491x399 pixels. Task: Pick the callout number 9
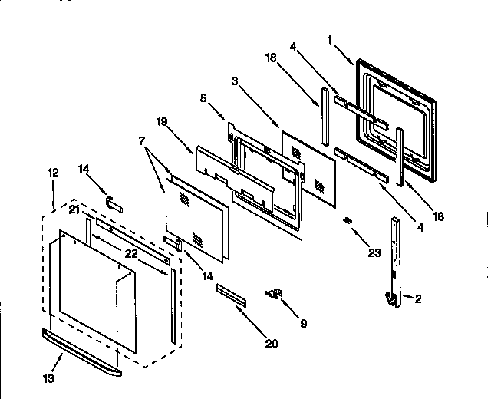(x=302, y=324)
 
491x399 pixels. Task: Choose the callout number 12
(x=51, y=175)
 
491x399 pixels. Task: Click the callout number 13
(x=50, y=377)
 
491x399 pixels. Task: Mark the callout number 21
(x=74, y=209)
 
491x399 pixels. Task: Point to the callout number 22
(x=131, y=254)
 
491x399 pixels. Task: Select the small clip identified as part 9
(x=274, y=292)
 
